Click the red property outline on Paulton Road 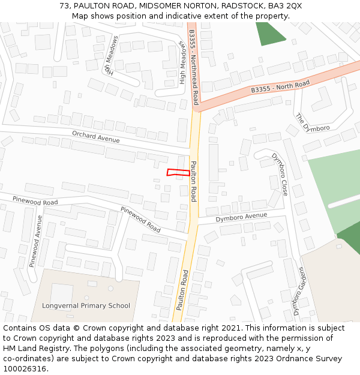coord(178,173)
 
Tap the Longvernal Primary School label coord(86,305)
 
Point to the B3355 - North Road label coord(280,86)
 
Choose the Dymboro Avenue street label coord(241,217)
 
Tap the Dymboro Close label coord(280,175)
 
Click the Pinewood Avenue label coord(36,241)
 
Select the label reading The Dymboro coord(313,122)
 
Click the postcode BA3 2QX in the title coord(285,5)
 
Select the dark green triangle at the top coord(267,33)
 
